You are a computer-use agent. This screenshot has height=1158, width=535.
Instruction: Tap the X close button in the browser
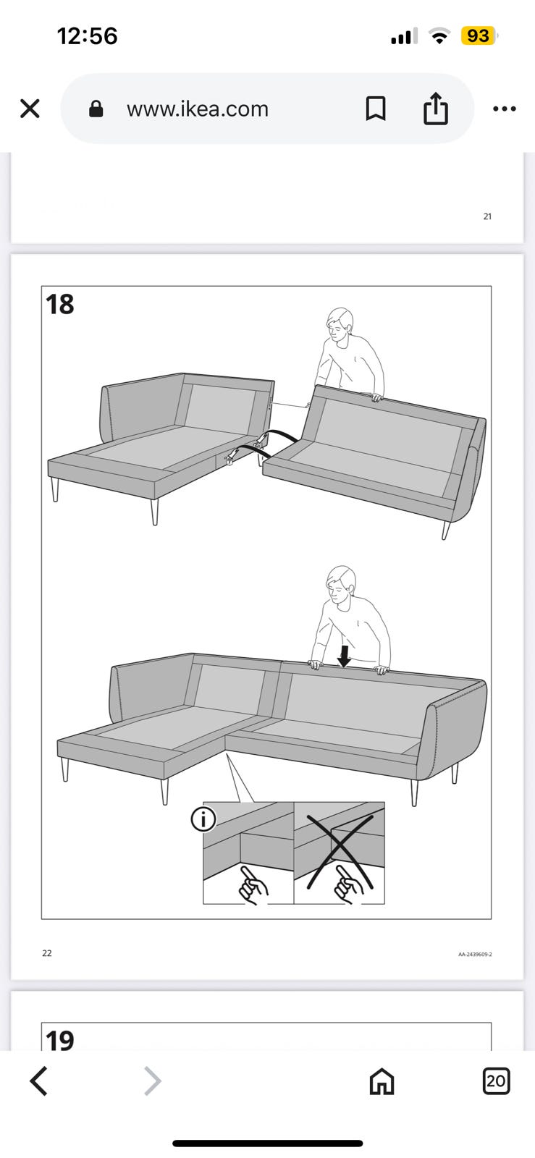tap(30, 109)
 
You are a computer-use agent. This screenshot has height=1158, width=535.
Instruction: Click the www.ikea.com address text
tap(198, 109)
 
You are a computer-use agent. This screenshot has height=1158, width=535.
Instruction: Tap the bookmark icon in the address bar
tap(376, 109)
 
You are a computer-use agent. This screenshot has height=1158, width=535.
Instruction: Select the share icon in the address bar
tap(436, 108)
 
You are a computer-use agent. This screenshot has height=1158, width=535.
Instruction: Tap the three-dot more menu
tap(505, 109)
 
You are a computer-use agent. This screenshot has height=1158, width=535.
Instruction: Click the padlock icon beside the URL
tap(96, 109)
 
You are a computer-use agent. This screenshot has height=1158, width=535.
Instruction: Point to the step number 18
tap(60, 304)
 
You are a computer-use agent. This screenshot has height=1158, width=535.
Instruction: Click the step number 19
tap(60, 1040)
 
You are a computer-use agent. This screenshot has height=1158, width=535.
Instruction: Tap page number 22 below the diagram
tap(47, 952)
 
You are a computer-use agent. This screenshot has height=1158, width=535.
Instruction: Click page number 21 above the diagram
tap(487, 216)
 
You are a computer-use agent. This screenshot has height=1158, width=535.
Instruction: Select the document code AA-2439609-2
tap(475, 955)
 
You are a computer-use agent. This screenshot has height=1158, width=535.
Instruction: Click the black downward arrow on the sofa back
tap(344, 656)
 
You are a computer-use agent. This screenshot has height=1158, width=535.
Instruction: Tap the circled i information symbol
tap(203, 819)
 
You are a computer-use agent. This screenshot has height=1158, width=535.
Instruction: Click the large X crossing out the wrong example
tap(340, 851)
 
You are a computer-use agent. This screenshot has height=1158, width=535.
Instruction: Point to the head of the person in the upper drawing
tap(340, 325)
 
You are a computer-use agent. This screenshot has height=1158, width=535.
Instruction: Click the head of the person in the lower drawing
tap(341, 584)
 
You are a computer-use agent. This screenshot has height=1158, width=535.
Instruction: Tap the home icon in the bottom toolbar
tap(382, 1081)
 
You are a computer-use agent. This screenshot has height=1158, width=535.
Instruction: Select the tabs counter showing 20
tap(496, 1081)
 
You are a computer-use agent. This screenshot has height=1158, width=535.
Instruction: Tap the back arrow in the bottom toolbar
tap(39, 1081)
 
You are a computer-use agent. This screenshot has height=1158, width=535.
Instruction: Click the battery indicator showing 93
tap(479, 35)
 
